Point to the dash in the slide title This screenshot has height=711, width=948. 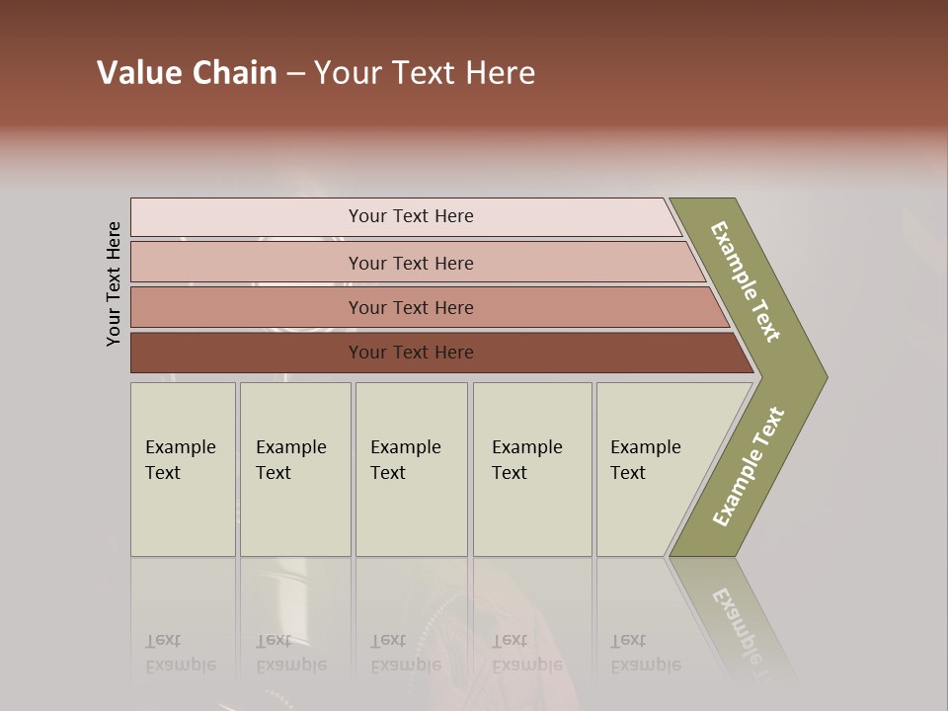pos(295,74)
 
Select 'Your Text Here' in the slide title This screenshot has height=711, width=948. pos(425,73)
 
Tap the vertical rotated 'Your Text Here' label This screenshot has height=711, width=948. pos(114,283)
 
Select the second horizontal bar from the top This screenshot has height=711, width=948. pos(411,263)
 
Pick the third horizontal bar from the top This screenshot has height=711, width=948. pos(411,307)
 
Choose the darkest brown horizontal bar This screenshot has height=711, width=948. pos(411,353)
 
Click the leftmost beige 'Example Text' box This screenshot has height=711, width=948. pos(183,469)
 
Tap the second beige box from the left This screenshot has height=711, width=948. pos(294,469)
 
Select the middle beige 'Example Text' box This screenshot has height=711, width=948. pos(411,469)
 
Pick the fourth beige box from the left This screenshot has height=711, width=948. pos(531,469)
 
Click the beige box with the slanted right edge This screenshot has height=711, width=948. pos(652,469)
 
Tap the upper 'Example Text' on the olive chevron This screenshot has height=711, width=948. pos(746,281)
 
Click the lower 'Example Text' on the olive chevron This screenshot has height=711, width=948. pos(748,467)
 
